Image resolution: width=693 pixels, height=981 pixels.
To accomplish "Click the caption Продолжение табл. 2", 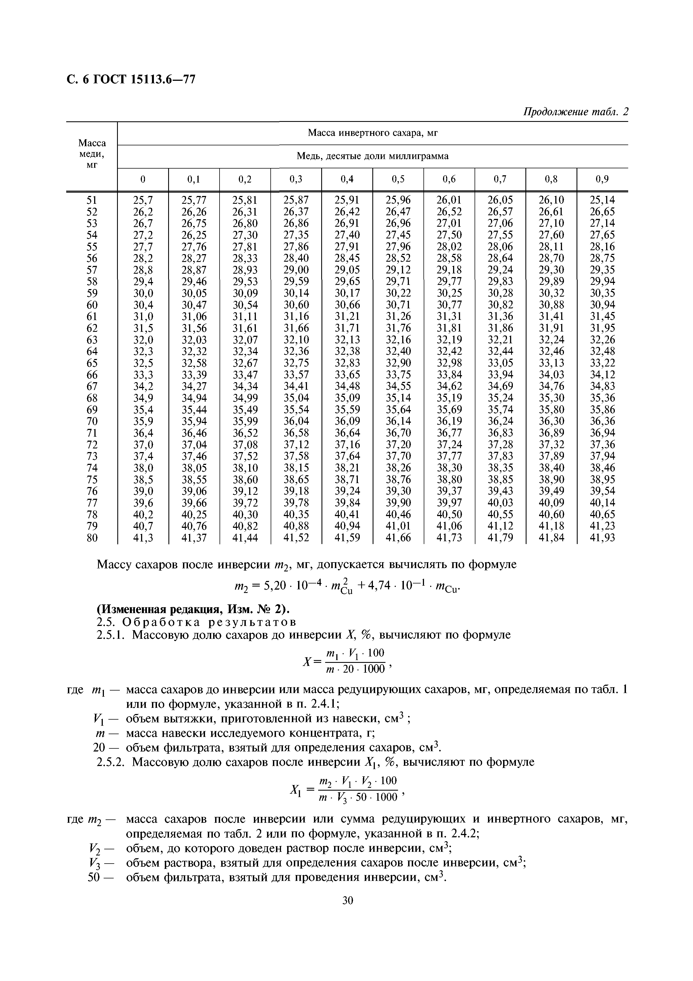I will coord(576,112).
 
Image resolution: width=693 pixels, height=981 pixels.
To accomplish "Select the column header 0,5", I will coord(398,179).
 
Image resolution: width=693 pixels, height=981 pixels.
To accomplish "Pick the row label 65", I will coord(92,363).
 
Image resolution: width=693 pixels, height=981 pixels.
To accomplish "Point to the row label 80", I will coord(92,538).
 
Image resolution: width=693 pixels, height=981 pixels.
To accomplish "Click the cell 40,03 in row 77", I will coord(500,503).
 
